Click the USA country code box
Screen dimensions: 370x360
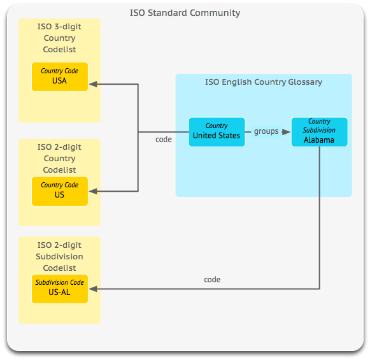click(x=60, y=76)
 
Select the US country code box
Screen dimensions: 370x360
click(x=60, y=191)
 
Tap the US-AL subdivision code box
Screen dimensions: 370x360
click(x=60, y=289)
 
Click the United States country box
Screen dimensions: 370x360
click(x=217, y=132)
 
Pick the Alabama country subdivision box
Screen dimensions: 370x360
click(x=319, y=132)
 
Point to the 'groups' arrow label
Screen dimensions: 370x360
click(x=266, y=131)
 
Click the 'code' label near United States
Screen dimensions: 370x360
click(x=164, y=140)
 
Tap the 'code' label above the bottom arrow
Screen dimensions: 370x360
click(x=212, y=280)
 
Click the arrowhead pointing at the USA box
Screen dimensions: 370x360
click(x=93, y=84)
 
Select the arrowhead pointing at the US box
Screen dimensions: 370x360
click(x=93, y=191)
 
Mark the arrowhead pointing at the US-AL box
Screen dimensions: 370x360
click(x=93, y=289)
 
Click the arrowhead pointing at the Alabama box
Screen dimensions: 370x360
click(x=286, y=132)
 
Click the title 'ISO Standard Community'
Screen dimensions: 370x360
click(x=185, y=13)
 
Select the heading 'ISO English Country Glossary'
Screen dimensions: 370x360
click(x=264, y=82)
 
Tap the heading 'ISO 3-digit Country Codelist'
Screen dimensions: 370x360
click(x=59, y=38)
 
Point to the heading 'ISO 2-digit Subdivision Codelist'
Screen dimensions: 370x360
click(x=59, y=257)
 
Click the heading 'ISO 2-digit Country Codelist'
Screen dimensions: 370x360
click(x=59, y=159)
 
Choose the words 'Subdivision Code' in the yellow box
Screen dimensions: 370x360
click(x=60, y=282)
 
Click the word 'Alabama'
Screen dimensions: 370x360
click(x=319, y=140)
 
